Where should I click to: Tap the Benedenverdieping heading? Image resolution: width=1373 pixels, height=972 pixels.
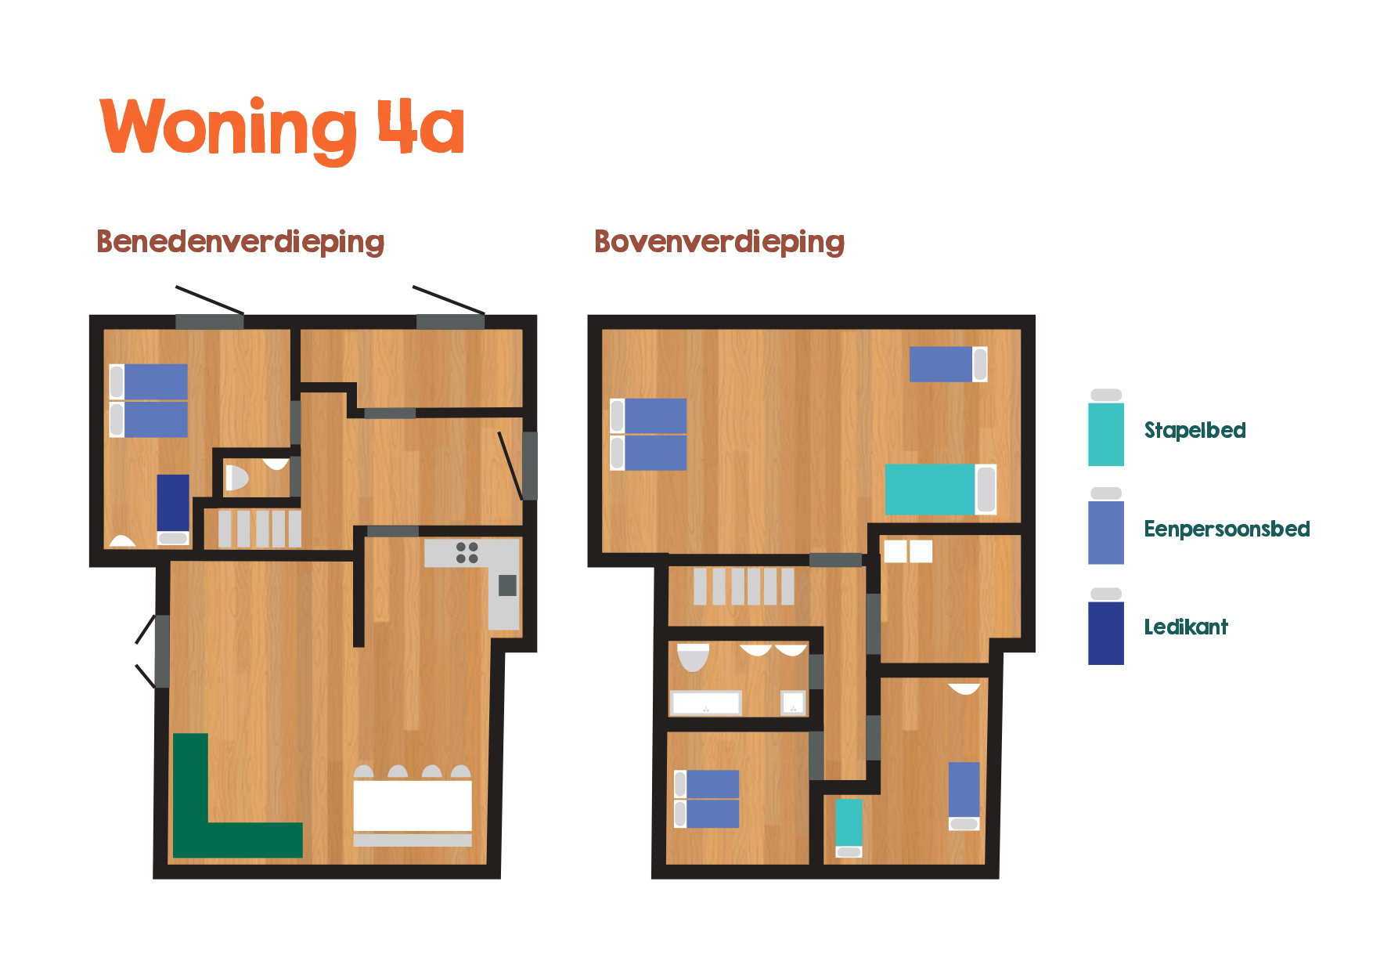[x=240, y=241]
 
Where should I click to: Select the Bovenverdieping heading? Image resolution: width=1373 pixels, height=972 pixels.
[x=719, y=241]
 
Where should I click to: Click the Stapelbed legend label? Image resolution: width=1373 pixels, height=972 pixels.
[x=1195, y=430]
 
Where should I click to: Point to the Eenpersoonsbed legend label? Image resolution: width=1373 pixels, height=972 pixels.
[x=1227, y=529]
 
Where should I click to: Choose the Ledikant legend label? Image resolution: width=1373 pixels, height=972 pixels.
[x=1186, y=627]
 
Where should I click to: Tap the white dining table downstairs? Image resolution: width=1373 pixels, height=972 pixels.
[x=413, y=805]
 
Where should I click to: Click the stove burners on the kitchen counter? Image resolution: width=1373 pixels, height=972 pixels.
[x=467, y=552]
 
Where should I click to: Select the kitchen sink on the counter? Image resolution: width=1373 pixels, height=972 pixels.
[x=507, y=585]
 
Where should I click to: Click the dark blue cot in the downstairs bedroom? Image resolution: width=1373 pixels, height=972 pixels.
[x=173, y=509]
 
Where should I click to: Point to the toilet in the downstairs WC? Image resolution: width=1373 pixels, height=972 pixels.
[x=236, y=478]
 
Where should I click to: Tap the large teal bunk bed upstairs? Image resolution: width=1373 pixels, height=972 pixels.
[x=941, y=490]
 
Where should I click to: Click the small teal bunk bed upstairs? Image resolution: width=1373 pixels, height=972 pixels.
[x=849, y=828]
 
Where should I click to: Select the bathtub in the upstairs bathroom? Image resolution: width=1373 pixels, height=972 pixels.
[x=706, y=703]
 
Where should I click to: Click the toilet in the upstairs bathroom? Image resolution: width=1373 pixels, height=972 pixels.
[x=693, y=658]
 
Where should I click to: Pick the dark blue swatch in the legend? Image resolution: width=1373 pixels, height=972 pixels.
[x=1106, y=633]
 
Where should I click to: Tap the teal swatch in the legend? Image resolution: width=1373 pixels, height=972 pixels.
[x=1106, y=435]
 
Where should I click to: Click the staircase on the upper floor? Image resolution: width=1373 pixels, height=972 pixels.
[x=744, y=586]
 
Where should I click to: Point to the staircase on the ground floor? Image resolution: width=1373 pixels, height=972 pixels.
[x=259, y=529]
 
